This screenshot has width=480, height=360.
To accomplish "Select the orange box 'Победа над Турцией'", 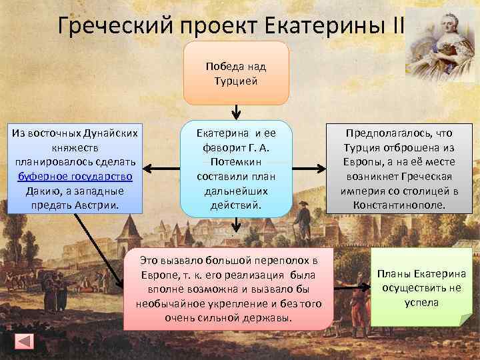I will tap(236, 73).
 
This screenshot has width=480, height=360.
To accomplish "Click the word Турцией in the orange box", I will tap(236, 81).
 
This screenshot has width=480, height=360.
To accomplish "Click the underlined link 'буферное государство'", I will tap(75, 177).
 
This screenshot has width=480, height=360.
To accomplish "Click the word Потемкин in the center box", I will tap(236, 162).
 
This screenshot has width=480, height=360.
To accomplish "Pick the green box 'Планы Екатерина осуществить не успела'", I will tap(421, 287).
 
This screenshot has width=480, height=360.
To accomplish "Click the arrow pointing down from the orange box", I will tap(236, 111).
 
